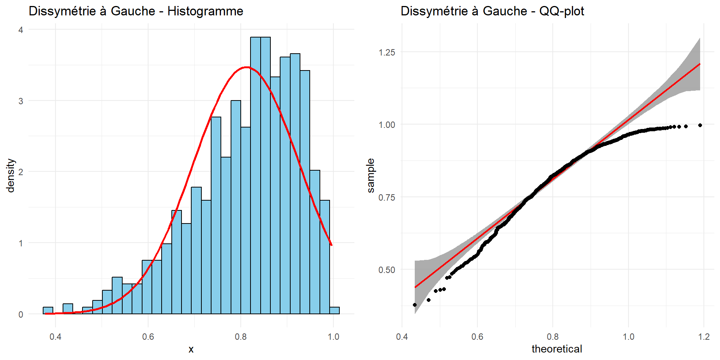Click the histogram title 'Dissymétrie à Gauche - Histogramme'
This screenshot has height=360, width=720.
[x=136, y=11]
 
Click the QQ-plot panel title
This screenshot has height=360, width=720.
[x=492, y=11]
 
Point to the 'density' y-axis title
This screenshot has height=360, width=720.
[x=11, y=175]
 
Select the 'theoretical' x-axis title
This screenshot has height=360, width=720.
[x=556, y=349]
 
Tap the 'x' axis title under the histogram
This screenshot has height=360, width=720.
[x=191, y=349]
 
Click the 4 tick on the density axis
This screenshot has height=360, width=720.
[x=21, y=30]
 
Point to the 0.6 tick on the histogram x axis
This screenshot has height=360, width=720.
[x=148, y=337]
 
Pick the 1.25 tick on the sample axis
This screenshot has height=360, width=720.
[x=387, y=52]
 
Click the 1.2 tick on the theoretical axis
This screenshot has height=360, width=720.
[x=704, y=337]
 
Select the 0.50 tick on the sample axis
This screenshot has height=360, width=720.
[x=387, y=270]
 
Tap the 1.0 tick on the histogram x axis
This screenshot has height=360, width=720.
[x=333, y=337]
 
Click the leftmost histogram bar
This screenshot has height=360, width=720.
[x=48, y=310]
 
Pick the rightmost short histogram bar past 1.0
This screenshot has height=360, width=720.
[x=334, y=310]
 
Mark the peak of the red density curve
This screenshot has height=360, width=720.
[x=246, y=67]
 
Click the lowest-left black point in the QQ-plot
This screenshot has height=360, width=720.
[x=415, y=305]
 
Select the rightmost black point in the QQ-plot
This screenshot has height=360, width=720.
[x=700, y=125]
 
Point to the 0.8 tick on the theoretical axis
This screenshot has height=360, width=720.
[x=553, y=337]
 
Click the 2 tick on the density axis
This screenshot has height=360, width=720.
[x=21, y=172]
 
